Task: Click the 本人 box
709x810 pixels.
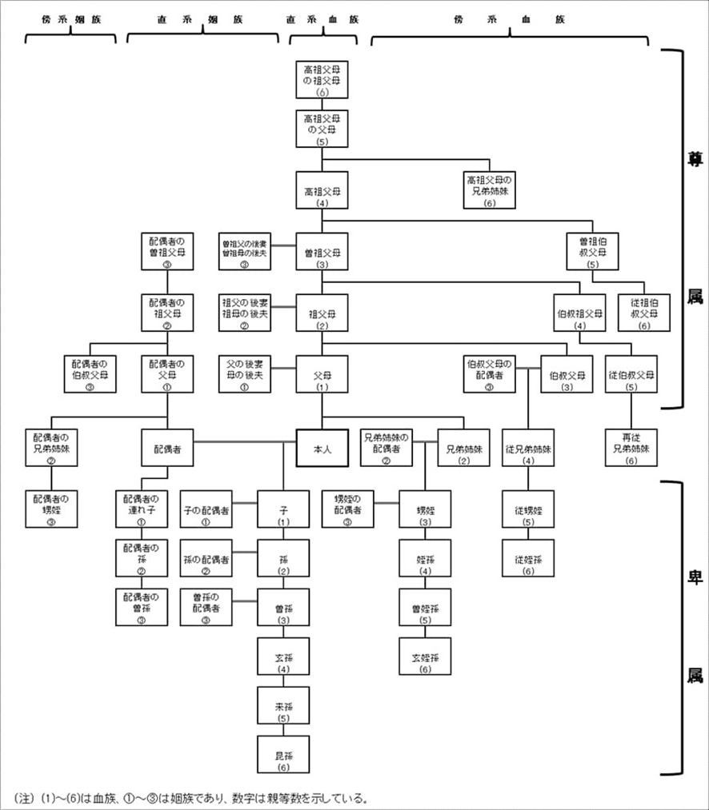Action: [322, 448]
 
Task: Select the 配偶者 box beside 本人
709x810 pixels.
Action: [168, 448]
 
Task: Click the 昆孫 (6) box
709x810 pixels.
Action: [283, 756]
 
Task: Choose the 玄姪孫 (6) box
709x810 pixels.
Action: [425, 656]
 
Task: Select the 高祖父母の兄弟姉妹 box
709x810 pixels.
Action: [491, 190]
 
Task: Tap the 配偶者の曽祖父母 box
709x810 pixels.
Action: [167, 251]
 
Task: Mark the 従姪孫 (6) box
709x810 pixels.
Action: [528, 558]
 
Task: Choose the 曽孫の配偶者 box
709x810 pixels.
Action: [206, 608]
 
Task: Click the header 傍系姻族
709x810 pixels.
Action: [70, 20]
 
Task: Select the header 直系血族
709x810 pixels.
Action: [322, 20]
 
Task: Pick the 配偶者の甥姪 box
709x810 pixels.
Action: [51, 509]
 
